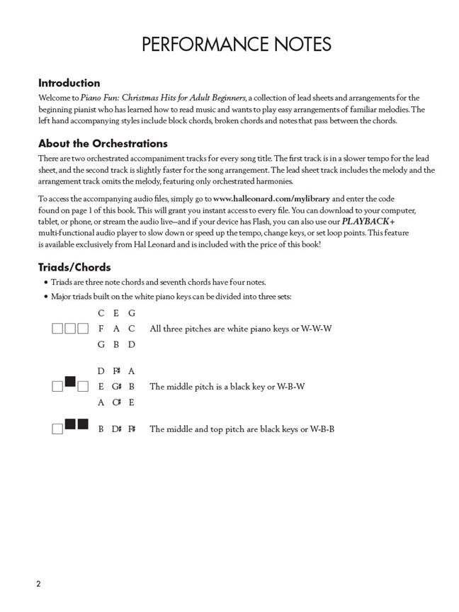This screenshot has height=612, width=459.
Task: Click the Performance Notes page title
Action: pyautogui.click(x=236, y=45)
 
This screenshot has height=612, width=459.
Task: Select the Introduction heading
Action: pyautogui.click(x=69, y=83)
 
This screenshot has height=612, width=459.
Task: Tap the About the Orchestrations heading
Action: pyautogui.click(x=103, y=143)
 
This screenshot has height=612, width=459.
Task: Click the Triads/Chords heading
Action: pyautogui.click(x=74, y=267)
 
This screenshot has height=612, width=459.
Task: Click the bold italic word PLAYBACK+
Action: pyautogui.click(x=368, y=221)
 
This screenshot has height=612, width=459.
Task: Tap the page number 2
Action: pyautogui.click(x=39, y=584)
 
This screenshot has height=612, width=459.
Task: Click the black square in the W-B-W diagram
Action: pyautogui.click(x=70, y=382)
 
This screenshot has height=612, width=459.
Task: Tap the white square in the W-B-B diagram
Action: pyautogui.click(x=57, y=429)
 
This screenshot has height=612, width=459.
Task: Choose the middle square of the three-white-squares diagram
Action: pyautogui.click(x=70, y=329)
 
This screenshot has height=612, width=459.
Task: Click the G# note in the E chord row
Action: pyautogui.click(x=116, y=387)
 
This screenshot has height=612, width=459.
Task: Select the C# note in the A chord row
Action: pyautogui.click(x=116, y=402)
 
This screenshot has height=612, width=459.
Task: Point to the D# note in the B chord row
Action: pyautogui.click(x=116, y=429)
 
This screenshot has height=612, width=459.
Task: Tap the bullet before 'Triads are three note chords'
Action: pyautogui.click(x=46, y=282)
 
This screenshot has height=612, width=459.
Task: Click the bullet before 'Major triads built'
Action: pyautogui.click(x=46, y=297)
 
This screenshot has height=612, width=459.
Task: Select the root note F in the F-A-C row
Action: pyautogui.click(x=101, y=329)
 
